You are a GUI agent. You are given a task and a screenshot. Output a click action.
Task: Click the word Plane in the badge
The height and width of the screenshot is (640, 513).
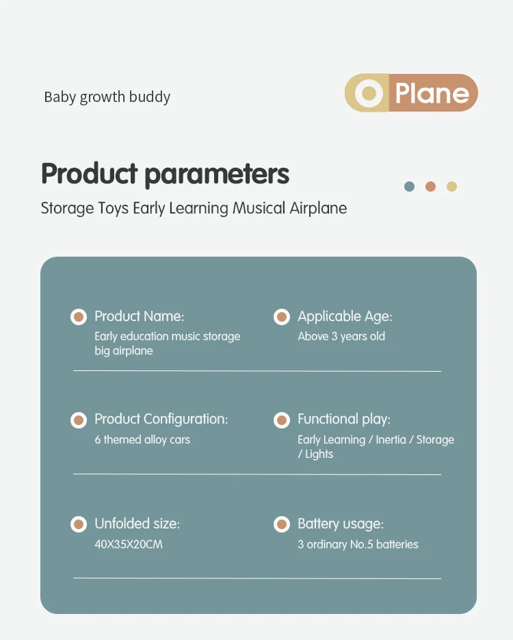click(x=432, y=94)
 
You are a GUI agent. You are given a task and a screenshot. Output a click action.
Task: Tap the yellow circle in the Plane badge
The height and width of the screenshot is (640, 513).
click(x=369, y=93)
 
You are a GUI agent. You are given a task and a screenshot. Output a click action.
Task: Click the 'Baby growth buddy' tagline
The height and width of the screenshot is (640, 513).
click(x=107, y=97)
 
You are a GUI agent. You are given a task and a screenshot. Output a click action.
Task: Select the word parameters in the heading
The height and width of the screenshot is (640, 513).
click(x=217, y=175)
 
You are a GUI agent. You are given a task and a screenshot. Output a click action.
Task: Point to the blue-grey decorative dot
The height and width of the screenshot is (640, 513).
click(x=409, y=187)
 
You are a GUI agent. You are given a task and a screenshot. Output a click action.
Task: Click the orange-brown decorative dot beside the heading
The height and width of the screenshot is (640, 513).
click(x=430, y=187)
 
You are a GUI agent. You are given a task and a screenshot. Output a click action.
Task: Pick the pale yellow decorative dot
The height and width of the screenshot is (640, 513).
click(x=451, y=187)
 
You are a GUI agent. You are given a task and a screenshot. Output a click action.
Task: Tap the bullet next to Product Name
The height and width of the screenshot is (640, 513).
click(x=78, y=317)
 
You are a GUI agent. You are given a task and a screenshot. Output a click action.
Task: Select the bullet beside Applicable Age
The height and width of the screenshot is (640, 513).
click(x=281, y=317)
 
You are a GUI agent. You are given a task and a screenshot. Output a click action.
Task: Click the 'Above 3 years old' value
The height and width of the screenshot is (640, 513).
click(x=341, y=336)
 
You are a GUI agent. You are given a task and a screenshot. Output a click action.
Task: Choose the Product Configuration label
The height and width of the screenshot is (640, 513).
click(x=161, y=419)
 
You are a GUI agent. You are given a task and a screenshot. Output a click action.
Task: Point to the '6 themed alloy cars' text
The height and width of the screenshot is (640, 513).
click(x=142, y=439)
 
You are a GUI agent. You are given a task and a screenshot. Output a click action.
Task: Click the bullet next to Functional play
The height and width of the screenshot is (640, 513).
click(x=281, y=420)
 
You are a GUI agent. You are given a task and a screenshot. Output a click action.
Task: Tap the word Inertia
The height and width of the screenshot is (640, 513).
click(x=391, y=439)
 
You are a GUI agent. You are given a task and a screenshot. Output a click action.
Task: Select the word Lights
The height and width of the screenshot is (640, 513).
click(x=319, y=455)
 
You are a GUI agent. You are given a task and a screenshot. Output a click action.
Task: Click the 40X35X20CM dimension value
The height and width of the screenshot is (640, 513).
click(x=129, y=544)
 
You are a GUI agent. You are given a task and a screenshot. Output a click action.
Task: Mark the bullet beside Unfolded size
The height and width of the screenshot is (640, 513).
click(x=78, y=524)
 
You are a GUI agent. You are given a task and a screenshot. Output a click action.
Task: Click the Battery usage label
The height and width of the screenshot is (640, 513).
click(x=341, y=524)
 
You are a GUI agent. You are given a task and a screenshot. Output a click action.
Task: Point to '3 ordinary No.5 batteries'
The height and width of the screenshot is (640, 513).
click(x=358, y=544)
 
